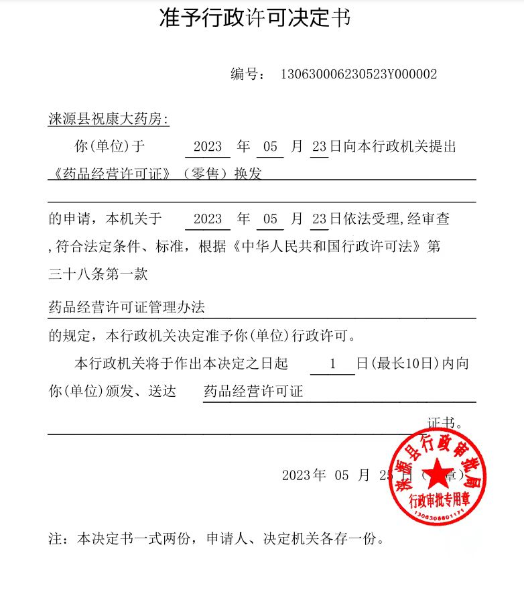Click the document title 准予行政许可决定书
(x=255, y=18)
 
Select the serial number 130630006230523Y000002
(x=358, y=74)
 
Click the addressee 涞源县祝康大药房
(x=108, y=119)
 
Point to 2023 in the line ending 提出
(x=207, y=146)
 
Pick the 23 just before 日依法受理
(x=319, y=219)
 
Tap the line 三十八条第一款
(x=98, y=273)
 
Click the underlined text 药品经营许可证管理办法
(x=127, y=307)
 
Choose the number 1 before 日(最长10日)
(x=332, y=364)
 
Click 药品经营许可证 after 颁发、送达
(x=253, y=391)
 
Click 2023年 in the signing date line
(x=304, y=475)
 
